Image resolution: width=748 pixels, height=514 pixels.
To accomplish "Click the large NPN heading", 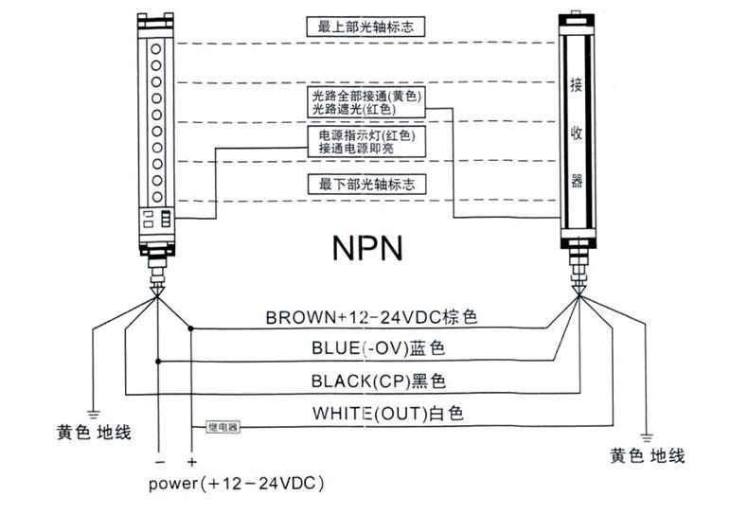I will [x=367, y=247].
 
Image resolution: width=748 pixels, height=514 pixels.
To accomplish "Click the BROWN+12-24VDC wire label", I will [x=370, y=316].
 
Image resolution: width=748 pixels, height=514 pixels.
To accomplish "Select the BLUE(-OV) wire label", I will [x=378, y=348].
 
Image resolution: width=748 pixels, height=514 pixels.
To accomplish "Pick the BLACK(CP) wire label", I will [x=378, y=381].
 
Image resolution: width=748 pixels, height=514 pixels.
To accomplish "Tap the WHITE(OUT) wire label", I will [x=374, y=414].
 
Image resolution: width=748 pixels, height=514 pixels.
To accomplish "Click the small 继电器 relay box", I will [x=223, y=428].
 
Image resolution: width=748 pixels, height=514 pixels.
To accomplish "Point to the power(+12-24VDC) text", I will [x=237, y=484].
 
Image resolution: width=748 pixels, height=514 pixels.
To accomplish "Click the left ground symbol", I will [x=94, y=412].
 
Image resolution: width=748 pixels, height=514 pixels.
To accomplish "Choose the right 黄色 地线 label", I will [x=647, y=455].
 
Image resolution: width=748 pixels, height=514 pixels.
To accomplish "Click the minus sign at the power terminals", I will [x=158, y=462].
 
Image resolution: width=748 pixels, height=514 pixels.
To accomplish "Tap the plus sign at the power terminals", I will [x=191, y=462].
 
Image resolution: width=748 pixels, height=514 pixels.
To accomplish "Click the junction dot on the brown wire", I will [x=191, y=328].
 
